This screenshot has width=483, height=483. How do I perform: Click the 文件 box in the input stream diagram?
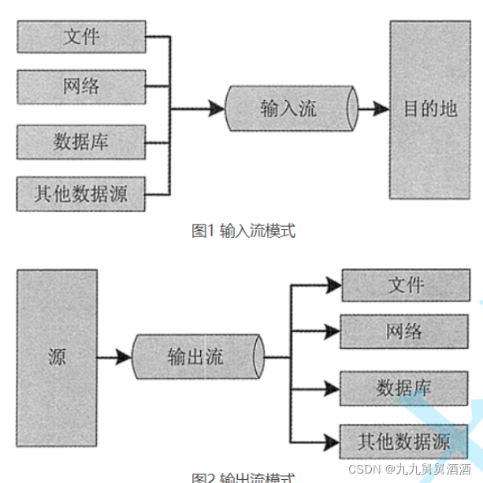(81, 37)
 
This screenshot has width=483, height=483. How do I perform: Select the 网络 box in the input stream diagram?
(81, 87)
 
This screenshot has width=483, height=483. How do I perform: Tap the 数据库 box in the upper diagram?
(81, 142)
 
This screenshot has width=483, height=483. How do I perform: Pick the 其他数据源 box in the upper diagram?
(81, 193)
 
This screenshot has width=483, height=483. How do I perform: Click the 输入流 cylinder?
(290, 109)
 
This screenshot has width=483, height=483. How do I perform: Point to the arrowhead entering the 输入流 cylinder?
(217, 109)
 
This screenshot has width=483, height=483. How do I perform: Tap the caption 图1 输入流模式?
(243, 230)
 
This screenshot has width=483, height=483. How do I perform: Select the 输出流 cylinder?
(196, 357)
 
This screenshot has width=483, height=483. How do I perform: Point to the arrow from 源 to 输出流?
(114, 357)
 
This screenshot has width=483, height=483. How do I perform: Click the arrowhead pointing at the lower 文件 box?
(333, 285)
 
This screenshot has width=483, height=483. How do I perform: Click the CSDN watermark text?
(409, 470)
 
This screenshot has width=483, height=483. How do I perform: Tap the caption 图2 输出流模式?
(243, 477)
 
